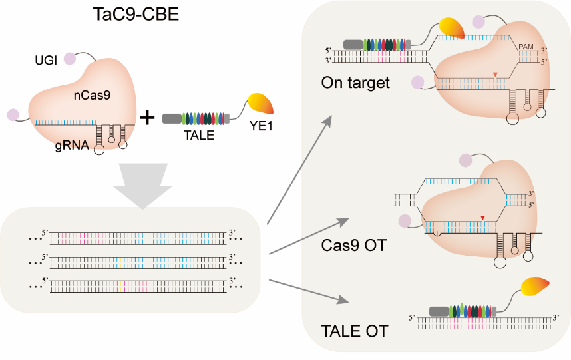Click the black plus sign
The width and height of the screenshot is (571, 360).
coord(146,118)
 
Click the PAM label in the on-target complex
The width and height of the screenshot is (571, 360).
coord(526,47)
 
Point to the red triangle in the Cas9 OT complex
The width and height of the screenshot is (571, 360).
coord(482,217)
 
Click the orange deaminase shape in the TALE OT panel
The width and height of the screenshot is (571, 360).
coord(535,287)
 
